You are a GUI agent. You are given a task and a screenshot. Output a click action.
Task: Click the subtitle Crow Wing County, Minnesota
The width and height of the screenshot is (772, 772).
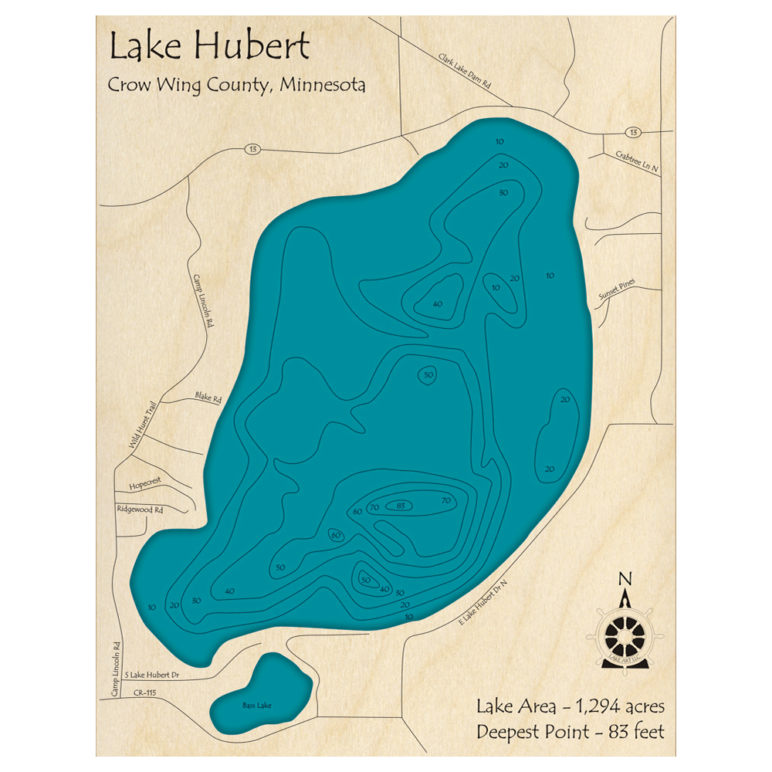coord(236,85)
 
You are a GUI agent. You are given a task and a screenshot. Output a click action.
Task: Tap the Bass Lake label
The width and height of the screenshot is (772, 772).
coord(256,706)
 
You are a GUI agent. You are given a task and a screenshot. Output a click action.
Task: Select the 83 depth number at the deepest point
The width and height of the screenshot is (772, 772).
coord(400,506)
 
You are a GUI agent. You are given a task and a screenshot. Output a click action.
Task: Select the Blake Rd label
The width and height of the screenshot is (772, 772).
coord(208,399)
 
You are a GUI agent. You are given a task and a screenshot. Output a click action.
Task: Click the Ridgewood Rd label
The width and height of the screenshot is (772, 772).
coord(141,510)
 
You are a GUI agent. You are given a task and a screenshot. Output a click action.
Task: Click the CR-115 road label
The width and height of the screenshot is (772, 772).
coord(144,694)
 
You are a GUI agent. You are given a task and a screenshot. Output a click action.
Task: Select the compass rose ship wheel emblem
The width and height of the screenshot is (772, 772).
coord(625,635)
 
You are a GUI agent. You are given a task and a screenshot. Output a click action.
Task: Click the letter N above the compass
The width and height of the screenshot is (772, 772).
coord(626,579)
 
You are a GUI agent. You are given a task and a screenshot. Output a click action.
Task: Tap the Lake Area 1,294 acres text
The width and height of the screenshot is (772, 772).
coord(570,706)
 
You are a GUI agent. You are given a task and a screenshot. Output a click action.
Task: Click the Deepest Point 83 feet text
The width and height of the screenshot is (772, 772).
coord(570,730)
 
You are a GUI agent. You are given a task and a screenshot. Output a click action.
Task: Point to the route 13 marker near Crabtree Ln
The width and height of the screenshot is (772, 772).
coord(633,132)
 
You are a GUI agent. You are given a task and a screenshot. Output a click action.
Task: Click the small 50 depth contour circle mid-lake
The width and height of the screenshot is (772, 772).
coord(428,375)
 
